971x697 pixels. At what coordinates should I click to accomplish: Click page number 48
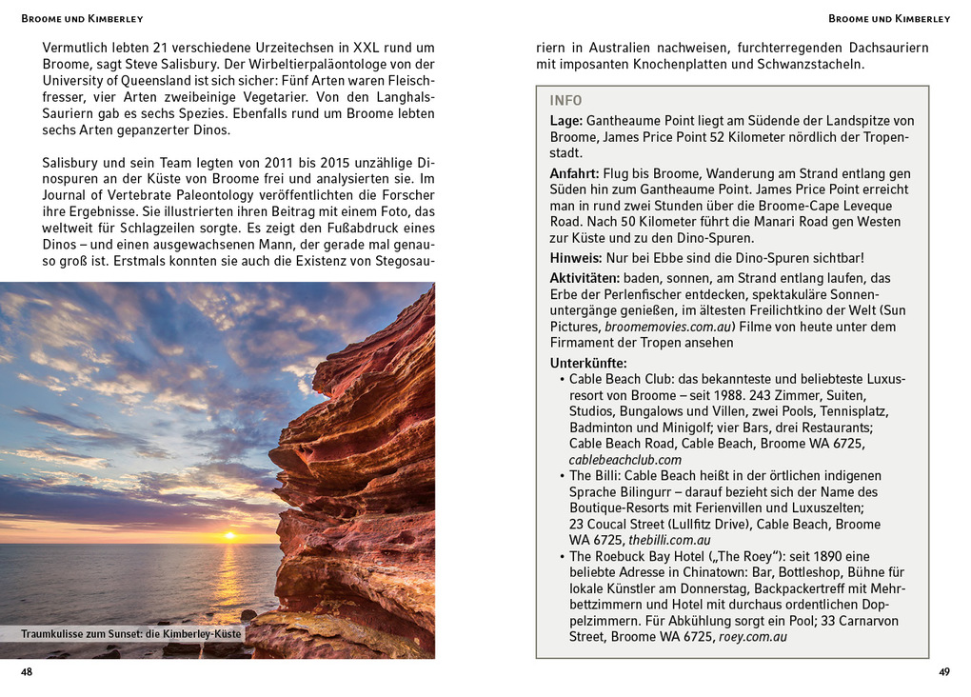point(27,672)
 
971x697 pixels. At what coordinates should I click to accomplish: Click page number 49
point(943,672)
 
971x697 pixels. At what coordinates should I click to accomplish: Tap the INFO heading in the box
point(565,101)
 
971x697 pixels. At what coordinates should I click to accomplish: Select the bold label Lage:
point(566,121)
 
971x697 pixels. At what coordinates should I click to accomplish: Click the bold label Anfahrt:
point(574,174)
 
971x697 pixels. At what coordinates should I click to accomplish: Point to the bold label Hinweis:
point(576,258)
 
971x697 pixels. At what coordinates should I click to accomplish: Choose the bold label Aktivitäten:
point(585,278)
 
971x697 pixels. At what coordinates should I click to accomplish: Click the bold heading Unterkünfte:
point(588,363)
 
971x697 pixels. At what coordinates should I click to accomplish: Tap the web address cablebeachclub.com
point(625,460)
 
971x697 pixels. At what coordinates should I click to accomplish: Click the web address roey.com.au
point(752,637)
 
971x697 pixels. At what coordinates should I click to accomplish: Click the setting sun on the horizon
point(228,539)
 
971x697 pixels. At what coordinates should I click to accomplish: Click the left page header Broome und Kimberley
point(82,18)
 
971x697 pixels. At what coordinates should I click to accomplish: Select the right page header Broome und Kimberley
point(889,18)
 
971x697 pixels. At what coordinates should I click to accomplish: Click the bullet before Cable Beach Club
point(562,379)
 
